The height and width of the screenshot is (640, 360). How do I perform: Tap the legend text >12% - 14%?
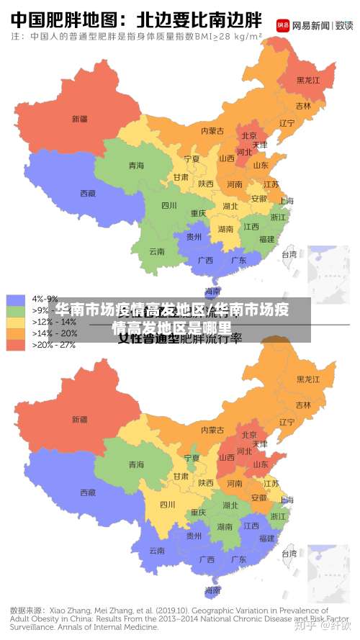[x=53, y=322]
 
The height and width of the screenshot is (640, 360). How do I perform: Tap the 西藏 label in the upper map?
[x=88, y=193]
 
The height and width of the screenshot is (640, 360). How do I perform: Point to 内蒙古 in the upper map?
[x=212, y=131]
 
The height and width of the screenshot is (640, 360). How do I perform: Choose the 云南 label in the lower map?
[x=157, y=551]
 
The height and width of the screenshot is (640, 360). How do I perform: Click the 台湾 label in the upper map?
[x=289, y=254]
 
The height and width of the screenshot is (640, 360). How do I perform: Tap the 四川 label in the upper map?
[x=169, y=205]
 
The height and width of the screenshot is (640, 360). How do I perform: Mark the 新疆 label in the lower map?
[x=79, y=419]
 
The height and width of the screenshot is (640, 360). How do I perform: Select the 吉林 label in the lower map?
[x=303, y=405]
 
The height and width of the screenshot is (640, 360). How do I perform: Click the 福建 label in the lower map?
[x=266, y=538]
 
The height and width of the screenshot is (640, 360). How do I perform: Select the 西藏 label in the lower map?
[x=88, y=492]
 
